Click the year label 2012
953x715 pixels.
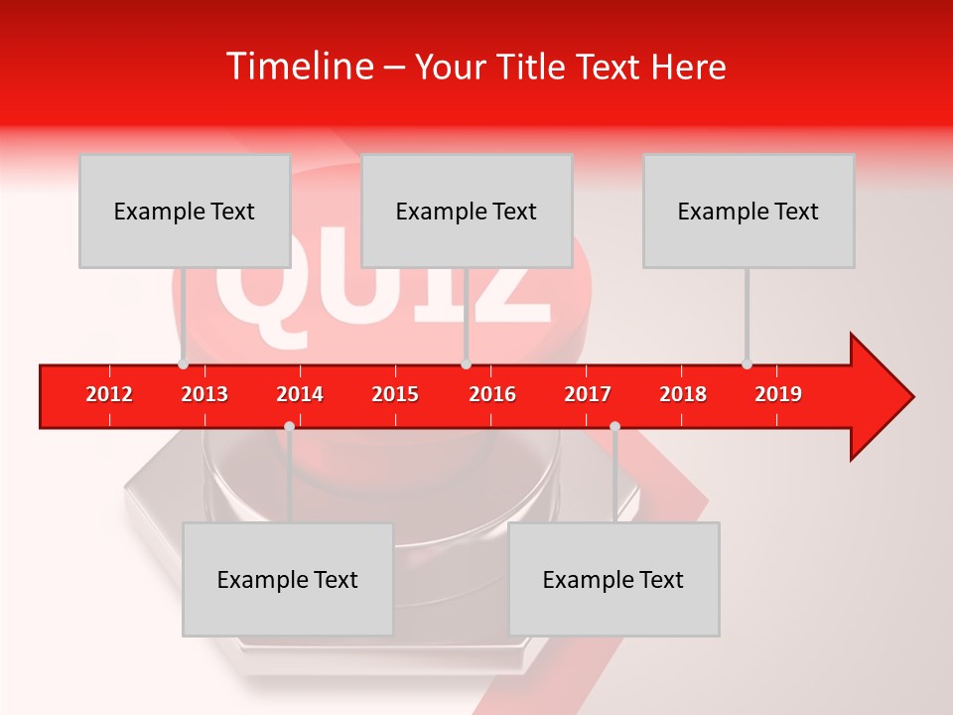[x=109, y=394]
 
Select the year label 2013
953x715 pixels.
[x=204, y=394]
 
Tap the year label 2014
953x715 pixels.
[x=300, y=394]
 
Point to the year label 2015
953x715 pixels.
[x=395, y=394]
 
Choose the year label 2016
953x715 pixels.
[x=492, y=394]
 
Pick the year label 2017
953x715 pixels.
[x=588, y=394]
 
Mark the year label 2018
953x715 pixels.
[x=683, y=394]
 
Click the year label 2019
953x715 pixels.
[x=778, y=394]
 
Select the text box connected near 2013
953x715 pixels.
[x=185, y=211]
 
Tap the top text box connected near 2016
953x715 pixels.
[x=467, y=211]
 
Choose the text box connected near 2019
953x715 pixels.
[x=749, y=211]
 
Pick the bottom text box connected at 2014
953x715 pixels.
[x=288, y=579]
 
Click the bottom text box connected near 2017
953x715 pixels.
[x=613, y=579]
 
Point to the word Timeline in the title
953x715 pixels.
[x=299, y=67]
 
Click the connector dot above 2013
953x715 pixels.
[x=183, y=363]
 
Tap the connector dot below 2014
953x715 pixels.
[x=289, y=426]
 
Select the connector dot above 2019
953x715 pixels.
[x=747, y=363]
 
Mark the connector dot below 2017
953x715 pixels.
[x=614, y=426]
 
